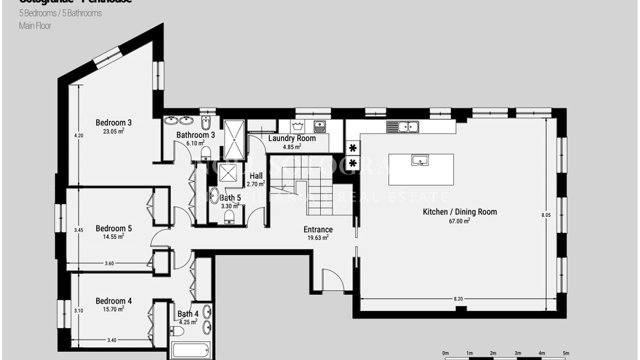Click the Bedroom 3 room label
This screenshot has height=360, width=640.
[113, 122]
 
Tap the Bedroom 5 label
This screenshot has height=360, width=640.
[113, 228]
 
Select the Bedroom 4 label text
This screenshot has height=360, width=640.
[113, 301]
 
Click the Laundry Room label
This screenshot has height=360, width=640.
[292, 138]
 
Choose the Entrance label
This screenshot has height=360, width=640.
[318, 229]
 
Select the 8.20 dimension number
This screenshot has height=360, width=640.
[458, 299]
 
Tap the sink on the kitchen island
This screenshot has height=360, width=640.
[420, 160]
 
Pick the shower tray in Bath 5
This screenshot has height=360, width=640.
[227, 174]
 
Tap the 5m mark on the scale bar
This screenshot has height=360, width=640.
[566, 353]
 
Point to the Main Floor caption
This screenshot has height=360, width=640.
[35, 25]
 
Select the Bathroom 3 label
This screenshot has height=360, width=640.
[196, 135]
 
